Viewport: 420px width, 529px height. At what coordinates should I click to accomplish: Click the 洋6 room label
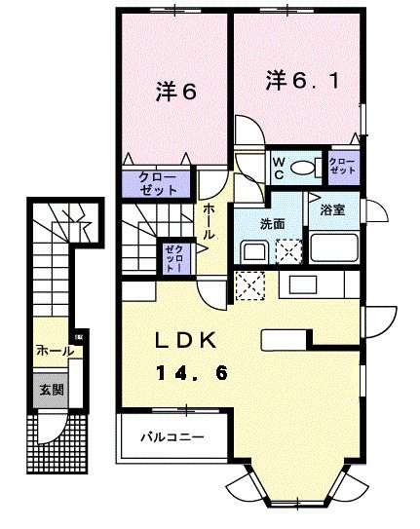pyautogui.click(x=175, y=94)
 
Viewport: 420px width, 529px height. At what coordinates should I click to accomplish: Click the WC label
pyautogui.click(x=277, y=168)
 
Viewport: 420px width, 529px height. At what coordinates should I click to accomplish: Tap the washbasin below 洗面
pyautogui.click(x=251, y=252)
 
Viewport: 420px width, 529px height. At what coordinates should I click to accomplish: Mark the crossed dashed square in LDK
pyautogui.click(x=249, y=285)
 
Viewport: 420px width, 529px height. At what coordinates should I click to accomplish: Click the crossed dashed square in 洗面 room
pyautogui.click(x=288, y=252)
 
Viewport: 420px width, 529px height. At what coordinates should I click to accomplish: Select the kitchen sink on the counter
pyautogui.click(x=298, y=283)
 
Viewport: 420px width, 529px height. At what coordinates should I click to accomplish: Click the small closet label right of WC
pyautogui.click(x=342, y=167)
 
